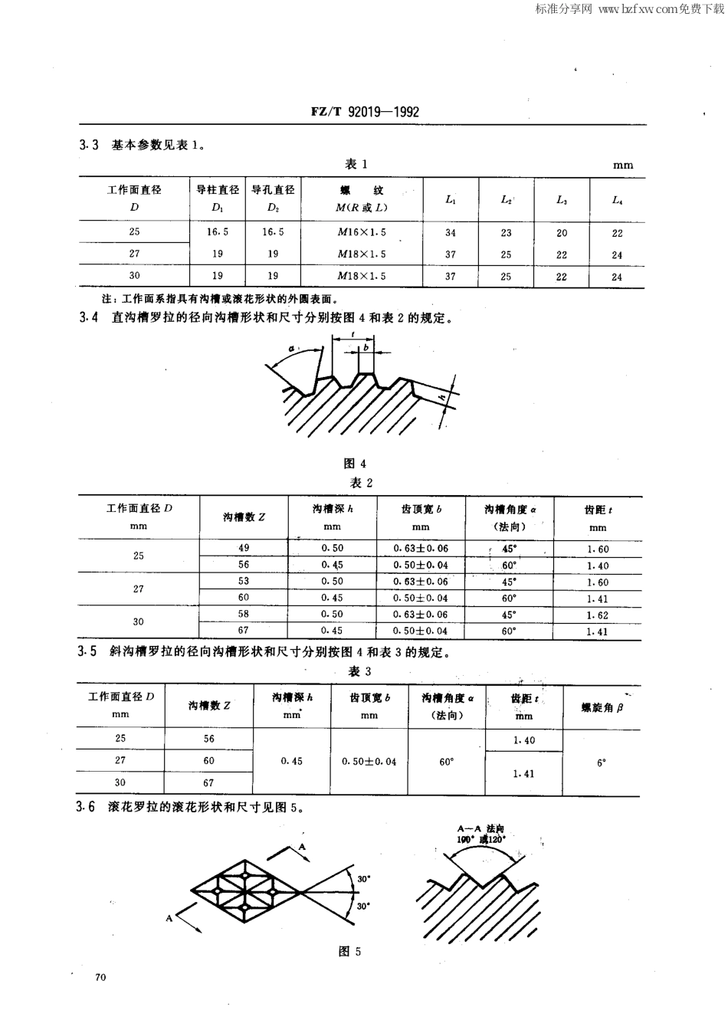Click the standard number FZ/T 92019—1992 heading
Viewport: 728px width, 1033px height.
pos(365,112)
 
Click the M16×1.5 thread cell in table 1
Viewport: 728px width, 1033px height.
pos(362,232)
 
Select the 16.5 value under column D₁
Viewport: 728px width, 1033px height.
pos(218,231)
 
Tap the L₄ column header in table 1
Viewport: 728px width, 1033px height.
pos(617,200)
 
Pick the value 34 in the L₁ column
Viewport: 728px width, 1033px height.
pos(451,233)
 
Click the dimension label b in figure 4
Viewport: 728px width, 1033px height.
pos(366,347)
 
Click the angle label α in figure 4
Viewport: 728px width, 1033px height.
pos(292,349)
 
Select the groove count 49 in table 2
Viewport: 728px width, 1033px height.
pos(244,548)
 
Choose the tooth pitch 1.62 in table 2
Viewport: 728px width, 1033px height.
pos(597,615)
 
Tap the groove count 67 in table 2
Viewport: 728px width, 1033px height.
pos(244,631)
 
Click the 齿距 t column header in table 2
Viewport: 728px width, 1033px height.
pos(597,517)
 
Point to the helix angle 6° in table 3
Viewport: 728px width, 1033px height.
pos(602,762)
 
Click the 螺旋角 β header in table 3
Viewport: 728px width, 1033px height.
pos(602,707)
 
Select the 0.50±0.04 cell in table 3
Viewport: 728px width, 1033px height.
pos(369,762)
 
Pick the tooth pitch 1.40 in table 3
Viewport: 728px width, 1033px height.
pos(524,740)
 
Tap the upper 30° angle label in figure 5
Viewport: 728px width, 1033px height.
pos(363,879)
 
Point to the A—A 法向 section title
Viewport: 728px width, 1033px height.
pos(480,828)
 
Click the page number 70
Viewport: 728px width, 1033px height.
pos(100,977)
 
